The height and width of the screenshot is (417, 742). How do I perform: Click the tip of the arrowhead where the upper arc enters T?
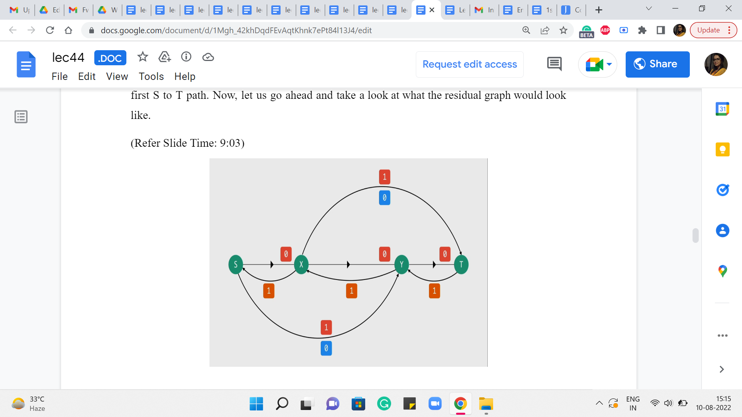(x=461, y=255)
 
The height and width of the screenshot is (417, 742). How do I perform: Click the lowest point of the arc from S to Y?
(x=319, y=338)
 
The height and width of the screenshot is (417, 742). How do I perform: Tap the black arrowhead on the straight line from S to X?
(x=272, y=264)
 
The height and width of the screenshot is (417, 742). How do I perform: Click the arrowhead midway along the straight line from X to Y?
(x=349, y=264)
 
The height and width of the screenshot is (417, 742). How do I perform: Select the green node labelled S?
(x=236, y=264)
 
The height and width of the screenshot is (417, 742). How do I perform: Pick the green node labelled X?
(x=301, y=264)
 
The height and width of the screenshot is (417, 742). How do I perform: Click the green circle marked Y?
(x=402, y=264)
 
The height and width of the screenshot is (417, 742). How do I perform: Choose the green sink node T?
(x=461, y=264)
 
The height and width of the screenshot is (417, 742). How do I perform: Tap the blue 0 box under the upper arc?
(x=385, y=198)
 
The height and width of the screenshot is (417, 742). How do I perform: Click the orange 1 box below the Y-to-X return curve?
(x=352, y=291)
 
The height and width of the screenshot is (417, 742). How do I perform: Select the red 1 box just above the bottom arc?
(x=326, y=327)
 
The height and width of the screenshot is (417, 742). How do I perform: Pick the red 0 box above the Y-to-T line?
(x=445, y=254)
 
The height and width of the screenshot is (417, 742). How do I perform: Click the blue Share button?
(x=657, y=64)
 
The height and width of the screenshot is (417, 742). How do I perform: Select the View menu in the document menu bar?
(x=117, y=76)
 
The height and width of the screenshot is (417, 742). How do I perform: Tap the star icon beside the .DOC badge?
(x=143, y=57)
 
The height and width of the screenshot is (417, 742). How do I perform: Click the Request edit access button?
(x=470, y=64)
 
